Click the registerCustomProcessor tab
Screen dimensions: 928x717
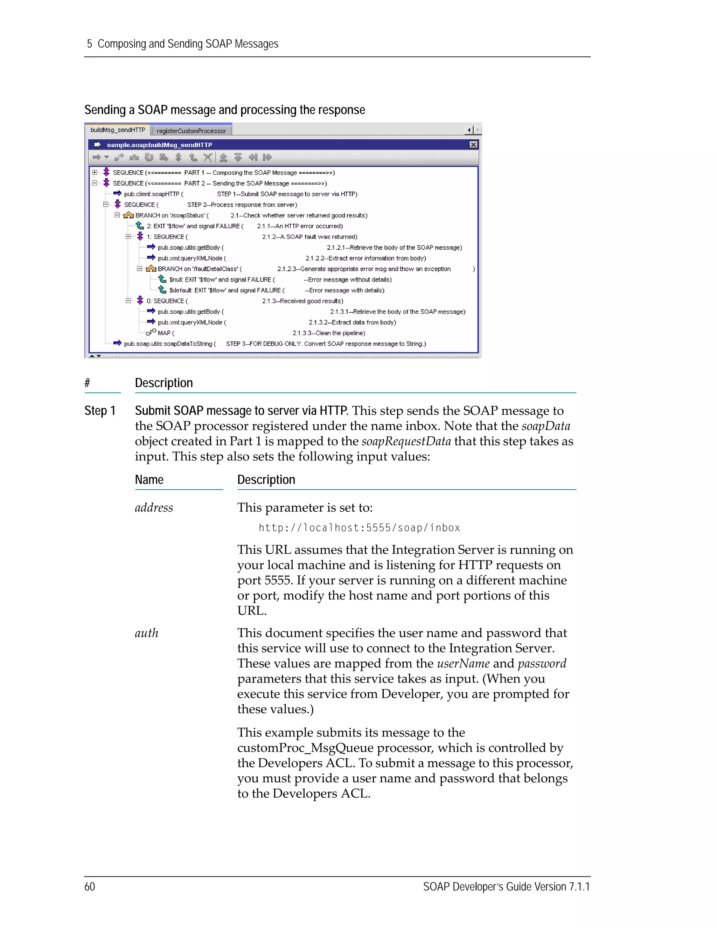(191, 131)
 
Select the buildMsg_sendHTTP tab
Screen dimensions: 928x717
(118, 130)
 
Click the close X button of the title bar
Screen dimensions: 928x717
(473, 145)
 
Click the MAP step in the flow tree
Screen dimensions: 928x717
(164, 333)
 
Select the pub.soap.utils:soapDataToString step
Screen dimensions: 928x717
(168, 344)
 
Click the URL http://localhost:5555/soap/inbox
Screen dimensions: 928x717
(359, 528)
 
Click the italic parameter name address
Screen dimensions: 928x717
(154, 508)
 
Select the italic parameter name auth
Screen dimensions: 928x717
(147, 633)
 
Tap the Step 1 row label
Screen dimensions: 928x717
(100, 411)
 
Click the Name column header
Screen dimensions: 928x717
(149, 480)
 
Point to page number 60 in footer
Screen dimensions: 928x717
(90, 887)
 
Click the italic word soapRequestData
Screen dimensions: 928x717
(406, 442)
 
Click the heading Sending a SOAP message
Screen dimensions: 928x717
(224, 110)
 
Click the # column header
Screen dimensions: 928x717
(87, 383)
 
